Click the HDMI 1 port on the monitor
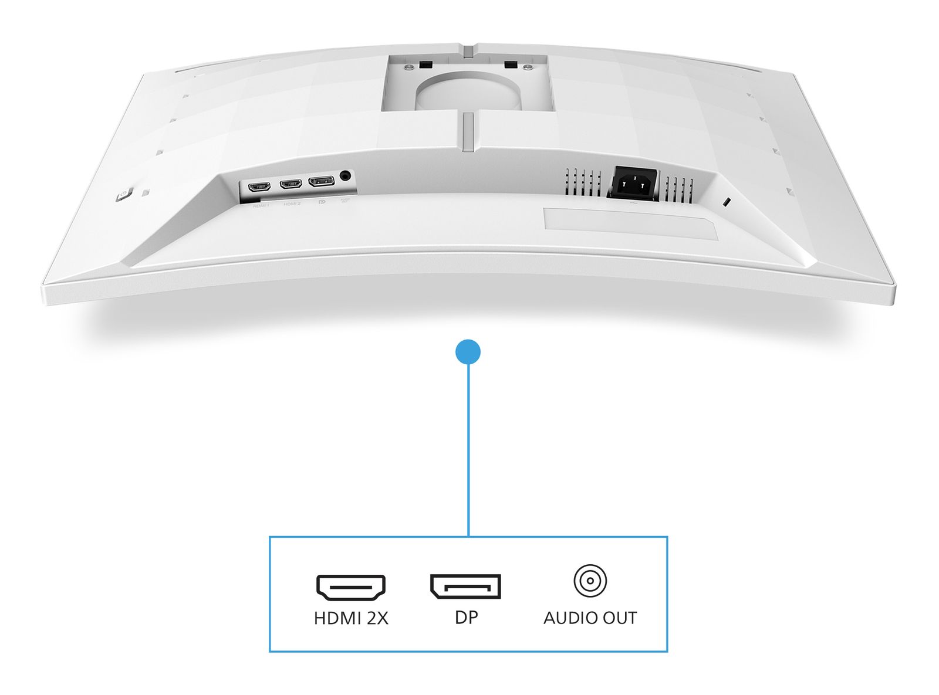(259, 187)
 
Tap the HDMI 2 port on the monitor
(291, 184)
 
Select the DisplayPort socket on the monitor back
(321, 181)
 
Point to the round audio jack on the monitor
(345, 175)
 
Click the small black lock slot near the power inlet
(727, 203)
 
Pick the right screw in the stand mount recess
(529, 67)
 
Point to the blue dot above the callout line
(468, 352)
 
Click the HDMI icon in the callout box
(351, 587)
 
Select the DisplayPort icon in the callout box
(465, 586)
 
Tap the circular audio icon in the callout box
(590, 581)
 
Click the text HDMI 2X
(351, 618)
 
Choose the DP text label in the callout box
(467, 617)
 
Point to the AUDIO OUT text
(590, 618)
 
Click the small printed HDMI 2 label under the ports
(292, 204)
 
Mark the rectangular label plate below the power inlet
(630, 223)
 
